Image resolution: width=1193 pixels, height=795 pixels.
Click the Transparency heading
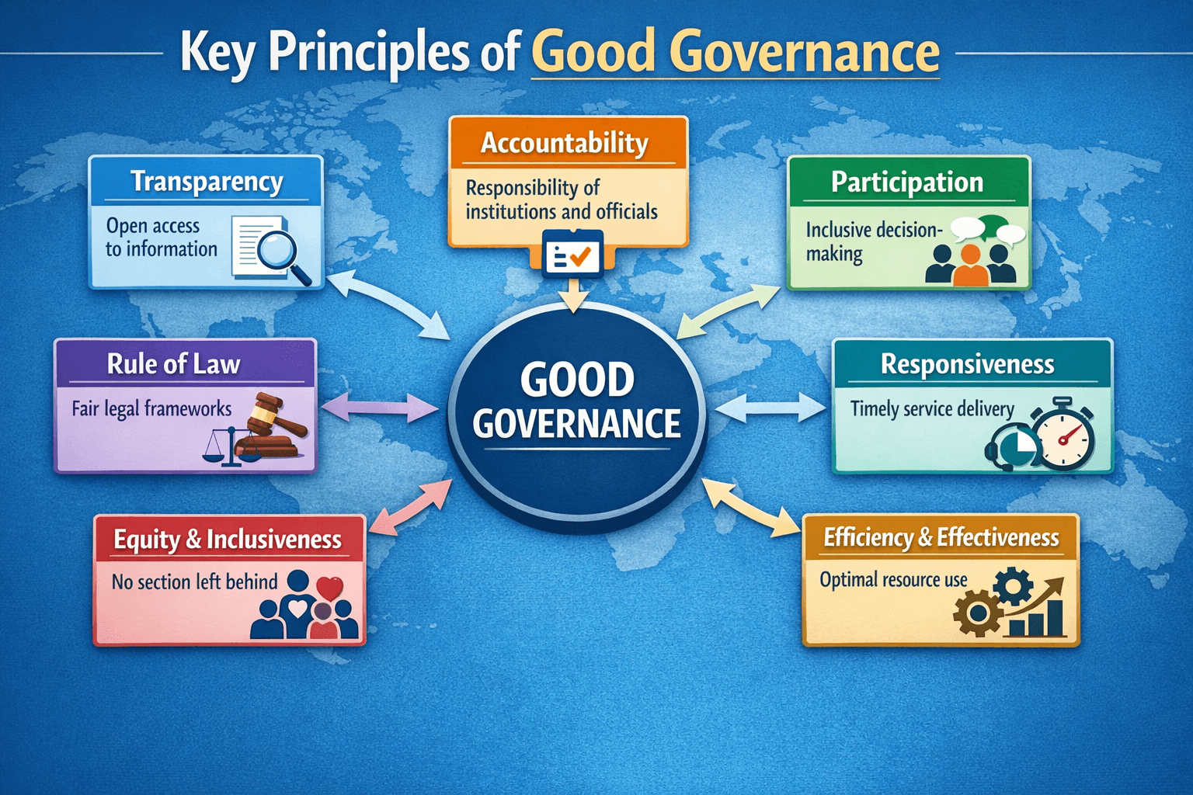point(207,182)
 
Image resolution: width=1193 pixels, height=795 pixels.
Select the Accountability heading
point(565,143)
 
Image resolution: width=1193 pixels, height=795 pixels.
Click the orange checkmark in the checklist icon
point(579,257)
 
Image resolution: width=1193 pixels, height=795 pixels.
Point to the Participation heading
point(907,182)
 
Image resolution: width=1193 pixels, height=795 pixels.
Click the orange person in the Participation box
point(970,265)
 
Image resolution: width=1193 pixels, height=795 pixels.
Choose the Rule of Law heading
point(174,364)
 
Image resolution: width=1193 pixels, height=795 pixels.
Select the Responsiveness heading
point(967,364)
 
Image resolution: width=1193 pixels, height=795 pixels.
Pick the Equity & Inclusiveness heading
point(228,540)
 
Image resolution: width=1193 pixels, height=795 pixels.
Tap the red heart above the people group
point(329,588)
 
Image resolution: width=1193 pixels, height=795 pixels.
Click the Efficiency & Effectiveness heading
point(941,537)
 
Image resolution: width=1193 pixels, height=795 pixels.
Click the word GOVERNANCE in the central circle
point(577,423)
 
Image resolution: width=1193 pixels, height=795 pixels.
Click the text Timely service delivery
point(932,409)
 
